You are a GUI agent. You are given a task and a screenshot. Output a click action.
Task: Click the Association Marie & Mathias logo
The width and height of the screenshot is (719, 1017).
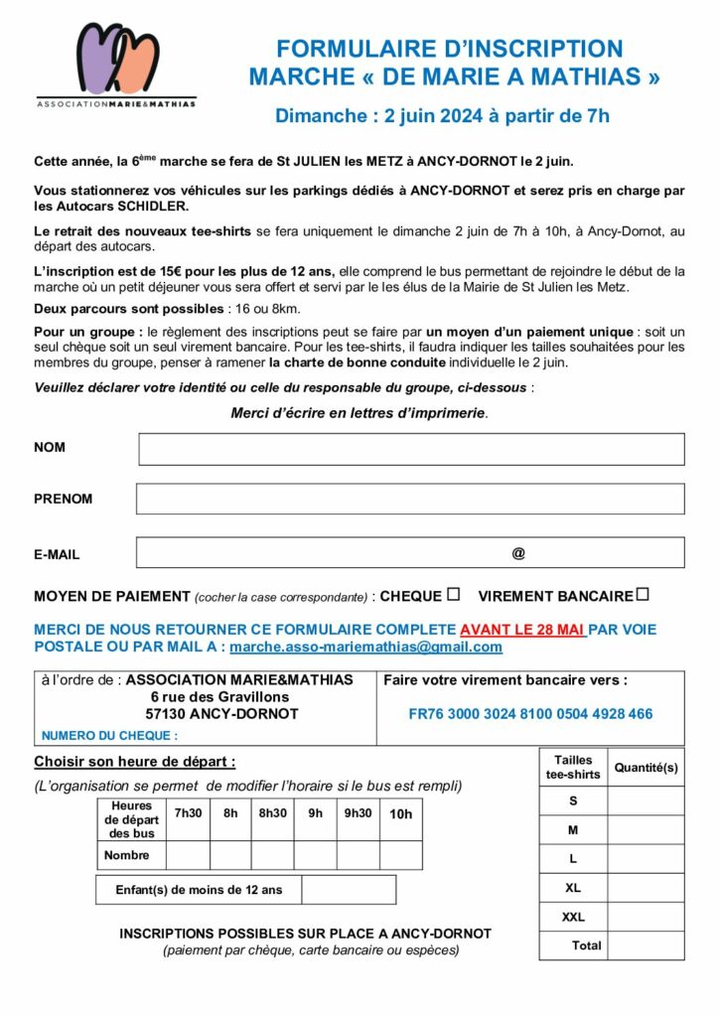[116, 64]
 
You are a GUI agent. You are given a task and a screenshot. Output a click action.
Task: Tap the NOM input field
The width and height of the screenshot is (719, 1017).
[411, 449]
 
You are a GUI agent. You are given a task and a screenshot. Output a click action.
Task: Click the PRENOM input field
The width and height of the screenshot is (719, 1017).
[410, 499]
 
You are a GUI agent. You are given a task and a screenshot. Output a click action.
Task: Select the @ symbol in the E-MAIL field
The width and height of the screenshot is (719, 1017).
[518, 553]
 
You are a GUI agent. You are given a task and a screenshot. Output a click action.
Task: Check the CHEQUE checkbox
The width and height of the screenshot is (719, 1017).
[453, 595]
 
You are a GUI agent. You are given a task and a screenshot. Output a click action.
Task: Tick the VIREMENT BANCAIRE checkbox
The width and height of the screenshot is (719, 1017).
[643, 595]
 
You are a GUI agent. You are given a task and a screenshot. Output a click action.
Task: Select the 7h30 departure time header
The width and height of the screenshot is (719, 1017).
[188, 813]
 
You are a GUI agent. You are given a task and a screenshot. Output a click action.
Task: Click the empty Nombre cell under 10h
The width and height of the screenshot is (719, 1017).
[400, 855]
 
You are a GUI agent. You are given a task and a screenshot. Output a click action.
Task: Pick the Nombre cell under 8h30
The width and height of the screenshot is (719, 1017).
[273, 855]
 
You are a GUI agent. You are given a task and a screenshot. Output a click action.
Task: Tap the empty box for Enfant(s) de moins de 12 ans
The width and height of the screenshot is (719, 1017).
[348, 890]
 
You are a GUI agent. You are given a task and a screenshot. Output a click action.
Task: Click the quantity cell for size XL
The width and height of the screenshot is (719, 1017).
[646, 888]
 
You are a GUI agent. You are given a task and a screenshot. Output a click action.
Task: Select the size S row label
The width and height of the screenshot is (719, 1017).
[573, 800]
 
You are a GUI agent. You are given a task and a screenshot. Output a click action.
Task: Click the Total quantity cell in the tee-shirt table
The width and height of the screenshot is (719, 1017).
[646, 945]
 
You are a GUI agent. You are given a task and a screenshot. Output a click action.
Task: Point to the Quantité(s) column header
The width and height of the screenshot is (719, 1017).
[646, 768]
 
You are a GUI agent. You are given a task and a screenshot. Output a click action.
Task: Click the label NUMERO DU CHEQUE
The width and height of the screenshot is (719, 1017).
[109, 736]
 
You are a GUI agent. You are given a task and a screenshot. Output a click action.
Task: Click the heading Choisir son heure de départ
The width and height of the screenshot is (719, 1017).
[135, 763]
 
